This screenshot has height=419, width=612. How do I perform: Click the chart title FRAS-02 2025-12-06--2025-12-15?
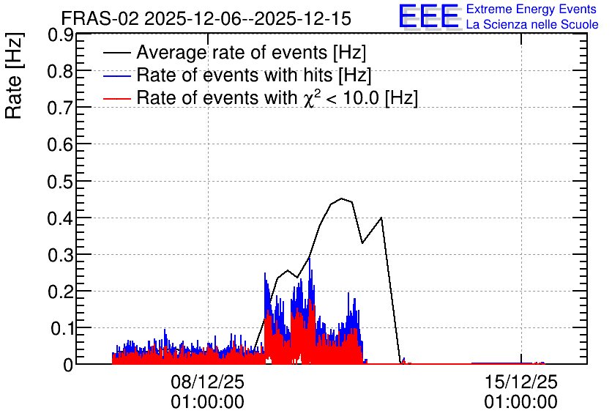tap(206, 18)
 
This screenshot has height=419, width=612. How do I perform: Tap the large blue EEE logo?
tap(429, 16)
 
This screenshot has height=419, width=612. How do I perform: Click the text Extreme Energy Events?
tap(531, 9)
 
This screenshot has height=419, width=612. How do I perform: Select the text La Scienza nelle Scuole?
tap(532, 24)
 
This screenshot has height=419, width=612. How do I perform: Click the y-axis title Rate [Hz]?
tap(14, 75)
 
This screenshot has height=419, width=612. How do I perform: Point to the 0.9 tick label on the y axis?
tap(60, 35)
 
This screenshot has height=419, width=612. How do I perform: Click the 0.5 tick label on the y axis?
tap(60, 182)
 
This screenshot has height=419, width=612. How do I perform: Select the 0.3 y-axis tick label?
tap(60, 256)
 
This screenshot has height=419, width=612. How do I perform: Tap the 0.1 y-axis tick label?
tap(61, 329)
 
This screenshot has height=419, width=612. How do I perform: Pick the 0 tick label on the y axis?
tap(68, 366)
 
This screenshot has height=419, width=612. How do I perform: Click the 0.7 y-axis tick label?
tap(60, 108)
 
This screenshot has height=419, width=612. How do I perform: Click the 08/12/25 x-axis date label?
tap(207, 382)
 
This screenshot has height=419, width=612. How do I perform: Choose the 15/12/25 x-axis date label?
tap(521, 382)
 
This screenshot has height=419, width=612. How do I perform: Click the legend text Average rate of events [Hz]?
tap(251, 52)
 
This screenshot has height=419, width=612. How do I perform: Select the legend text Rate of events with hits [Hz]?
tap(254, 75)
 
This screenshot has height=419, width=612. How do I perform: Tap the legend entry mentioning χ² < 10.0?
tap(277, 97)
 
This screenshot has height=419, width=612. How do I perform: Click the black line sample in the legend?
tap(116, 53)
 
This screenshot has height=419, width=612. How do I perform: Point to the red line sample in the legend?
tap(116, 98)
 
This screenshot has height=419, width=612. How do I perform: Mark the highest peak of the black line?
tap(342, 199)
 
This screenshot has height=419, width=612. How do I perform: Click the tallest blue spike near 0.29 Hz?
tap(310, 259)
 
